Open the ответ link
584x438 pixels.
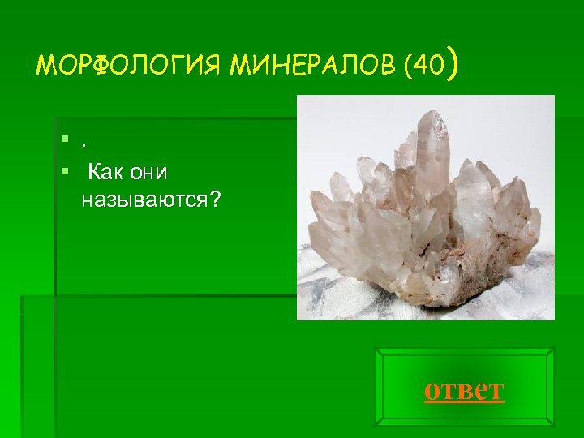464,390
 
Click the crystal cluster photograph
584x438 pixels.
425,207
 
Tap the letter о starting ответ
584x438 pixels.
432,391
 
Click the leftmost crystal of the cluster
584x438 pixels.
320,235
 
